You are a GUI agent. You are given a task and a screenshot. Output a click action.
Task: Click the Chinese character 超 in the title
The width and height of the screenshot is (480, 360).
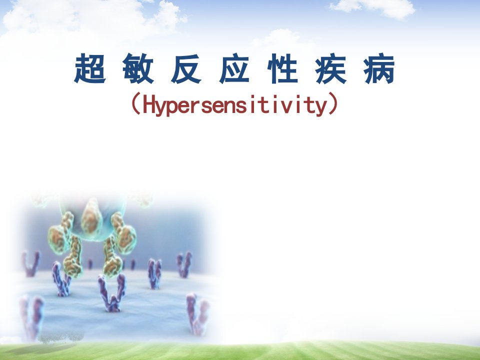[x=90, y=68]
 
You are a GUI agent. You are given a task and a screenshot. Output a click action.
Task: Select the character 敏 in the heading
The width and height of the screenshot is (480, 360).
[x=138, y=68]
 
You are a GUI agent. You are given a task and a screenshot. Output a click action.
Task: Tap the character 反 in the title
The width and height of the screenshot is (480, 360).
[x=186, y=68]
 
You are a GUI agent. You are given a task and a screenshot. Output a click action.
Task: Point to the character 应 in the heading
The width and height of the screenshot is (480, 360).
[x=234, y=68]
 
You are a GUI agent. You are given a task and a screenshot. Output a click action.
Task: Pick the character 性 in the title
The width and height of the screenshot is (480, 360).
[x=283, y=68]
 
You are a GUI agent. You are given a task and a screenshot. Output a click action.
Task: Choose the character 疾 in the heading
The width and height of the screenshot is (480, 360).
[x=331, y=68]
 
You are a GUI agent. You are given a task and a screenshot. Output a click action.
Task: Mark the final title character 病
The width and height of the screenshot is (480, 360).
[x=379, y=68]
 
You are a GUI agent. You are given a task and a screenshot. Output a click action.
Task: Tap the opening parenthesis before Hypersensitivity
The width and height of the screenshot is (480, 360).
[x=136, y=103]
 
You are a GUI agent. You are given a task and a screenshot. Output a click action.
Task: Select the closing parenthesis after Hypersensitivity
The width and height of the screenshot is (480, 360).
[x=333, y=103]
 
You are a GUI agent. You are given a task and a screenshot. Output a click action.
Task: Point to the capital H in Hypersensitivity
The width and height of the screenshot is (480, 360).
[x=148, y=104]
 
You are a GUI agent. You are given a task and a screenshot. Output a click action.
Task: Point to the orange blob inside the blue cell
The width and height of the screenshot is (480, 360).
[x=91, y=219]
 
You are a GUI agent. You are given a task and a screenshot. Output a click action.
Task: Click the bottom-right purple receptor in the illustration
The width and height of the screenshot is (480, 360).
[x=197, y=314]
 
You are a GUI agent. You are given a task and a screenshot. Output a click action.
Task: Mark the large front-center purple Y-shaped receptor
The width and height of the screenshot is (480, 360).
[x=112, y=293]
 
